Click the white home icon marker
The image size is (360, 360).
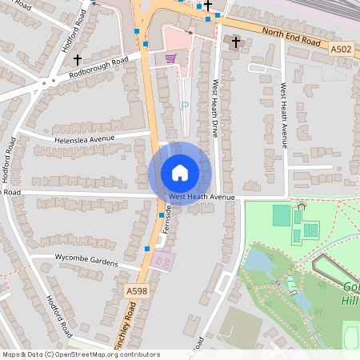pyautogui.click(x=180, y=173)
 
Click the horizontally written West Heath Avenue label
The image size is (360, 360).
pyautogui.click(x=202, y=197)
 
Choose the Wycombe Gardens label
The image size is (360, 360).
pyautogui.click(x=86, y=261)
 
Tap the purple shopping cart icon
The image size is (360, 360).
pyautogui.click(x=170, y=58)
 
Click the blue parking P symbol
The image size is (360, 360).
pyautogui.click(x=186, y=105)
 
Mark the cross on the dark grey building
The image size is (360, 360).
pyautogui.click(x=235, y=41)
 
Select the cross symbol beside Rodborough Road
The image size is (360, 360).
pyautogui.click(x=78, y=59)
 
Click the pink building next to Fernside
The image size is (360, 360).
pyautogui.click(x=162, y=261)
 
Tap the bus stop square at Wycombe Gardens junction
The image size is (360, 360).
pyautogui.click(x=146, y=249)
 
